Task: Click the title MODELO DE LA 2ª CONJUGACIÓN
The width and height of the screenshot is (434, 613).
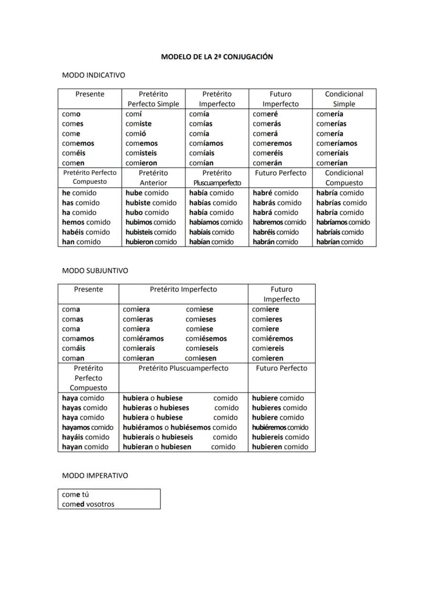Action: pos(216,57)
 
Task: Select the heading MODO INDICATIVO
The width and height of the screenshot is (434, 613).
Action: pos(93,75)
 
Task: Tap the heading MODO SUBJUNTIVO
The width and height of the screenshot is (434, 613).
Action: pos(95,271)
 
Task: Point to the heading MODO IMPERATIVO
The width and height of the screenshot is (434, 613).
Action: pos(95,475)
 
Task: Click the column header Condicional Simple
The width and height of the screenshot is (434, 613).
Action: pos(344,99)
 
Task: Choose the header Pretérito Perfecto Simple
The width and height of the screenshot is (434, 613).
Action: pos(153,99)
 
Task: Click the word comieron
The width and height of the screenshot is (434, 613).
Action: pos(141,163)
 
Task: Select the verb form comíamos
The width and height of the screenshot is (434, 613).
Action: pos(206,143)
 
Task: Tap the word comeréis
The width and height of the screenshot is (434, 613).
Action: pos(267,153)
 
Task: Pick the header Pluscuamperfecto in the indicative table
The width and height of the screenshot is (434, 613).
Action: pos(217,183)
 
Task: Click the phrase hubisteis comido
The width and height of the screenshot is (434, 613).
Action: pos(150,232)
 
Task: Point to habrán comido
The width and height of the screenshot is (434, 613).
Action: pos(275,242)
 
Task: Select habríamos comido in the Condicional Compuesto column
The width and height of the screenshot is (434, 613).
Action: pos(343,222)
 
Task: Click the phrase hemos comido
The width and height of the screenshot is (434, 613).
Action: pos(86,222)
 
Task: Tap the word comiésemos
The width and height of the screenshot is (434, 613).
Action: pos(206,339)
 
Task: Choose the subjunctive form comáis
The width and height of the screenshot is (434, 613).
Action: pos(73,348)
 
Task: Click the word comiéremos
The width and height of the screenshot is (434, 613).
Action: pos(272,339)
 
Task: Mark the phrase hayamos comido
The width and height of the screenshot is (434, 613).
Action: pos(87,427)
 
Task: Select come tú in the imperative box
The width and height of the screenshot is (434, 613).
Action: pos(75,494)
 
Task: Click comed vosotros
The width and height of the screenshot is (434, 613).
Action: pos(88,504)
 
